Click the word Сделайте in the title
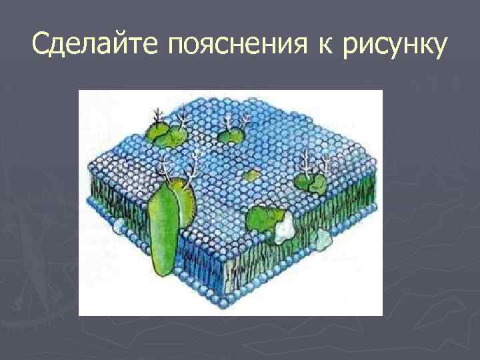point(95,45)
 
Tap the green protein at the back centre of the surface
point(231,135)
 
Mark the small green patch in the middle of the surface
point(251,176)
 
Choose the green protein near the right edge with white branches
point(312,181)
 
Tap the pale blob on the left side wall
point(118,227)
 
